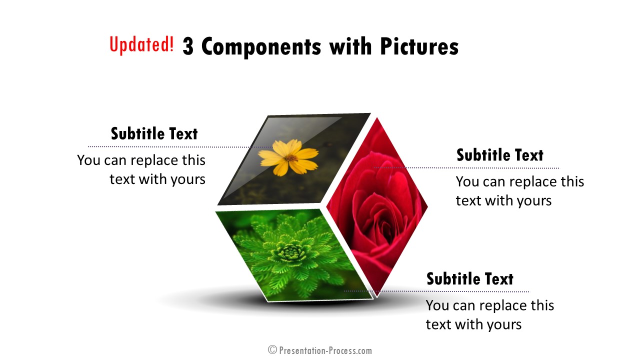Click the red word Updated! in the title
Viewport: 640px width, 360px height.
pos(141,44)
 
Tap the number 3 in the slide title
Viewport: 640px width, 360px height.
pos(187,46)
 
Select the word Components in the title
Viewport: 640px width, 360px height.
pos(261,47)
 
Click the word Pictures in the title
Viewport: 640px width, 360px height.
pos(419,46)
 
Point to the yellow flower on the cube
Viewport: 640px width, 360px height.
pos(288,157)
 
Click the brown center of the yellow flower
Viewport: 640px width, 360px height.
pos(291,157)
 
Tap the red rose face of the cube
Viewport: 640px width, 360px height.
pos(377,205)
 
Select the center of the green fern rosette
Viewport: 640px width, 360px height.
pos(289,252)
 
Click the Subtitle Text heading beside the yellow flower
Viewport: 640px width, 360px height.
pos(154,133)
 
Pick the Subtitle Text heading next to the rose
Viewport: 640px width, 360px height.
pos(500,155)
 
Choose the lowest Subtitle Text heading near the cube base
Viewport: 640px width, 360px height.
pos(470,279)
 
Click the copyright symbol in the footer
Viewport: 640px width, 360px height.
pos(272,349)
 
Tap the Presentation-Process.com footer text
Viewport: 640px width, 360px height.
pos(325,350)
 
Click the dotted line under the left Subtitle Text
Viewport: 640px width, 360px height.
pos(180,147)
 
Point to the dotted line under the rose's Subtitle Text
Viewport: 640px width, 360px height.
pos(466,168)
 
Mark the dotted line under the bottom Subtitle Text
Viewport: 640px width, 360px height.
pos(436,291)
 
